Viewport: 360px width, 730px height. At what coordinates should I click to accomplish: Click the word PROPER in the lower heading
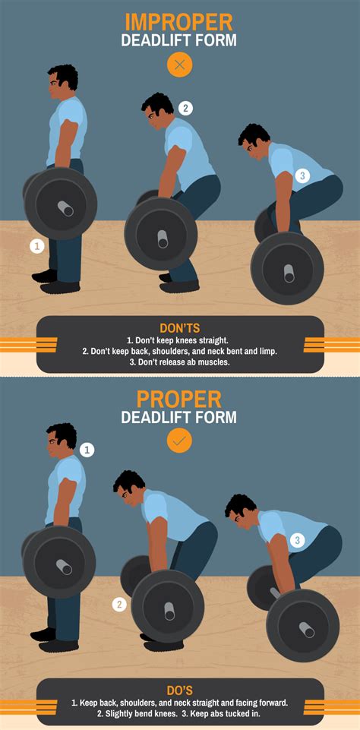pos(179,399)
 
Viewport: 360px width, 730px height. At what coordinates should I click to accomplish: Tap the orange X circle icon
pos(180,65)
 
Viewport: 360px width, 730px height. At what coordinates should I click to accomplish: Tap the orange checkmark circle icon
pos(180,441)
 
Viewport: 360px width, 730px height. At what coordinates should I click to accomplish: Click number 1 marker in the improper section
pos(36,245)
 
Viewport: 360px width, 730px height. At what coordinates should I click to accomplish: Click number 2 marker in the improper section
pos(186,108)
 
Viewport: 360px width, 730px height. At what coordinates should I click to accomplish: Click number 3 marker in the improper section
pos(302,175)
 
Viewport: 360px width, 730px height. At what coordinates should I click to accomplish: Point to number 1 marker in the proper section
pos(87,450)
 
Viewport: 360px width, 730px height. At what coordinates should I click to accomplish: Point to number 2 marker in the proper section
pos(119,605)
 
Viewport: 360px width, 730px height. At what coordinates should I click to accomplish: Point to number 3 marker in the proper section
pos(298,540)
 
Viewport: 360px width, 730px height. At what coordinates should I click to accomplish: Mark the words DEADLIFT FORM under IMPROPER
pos(179,40)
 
